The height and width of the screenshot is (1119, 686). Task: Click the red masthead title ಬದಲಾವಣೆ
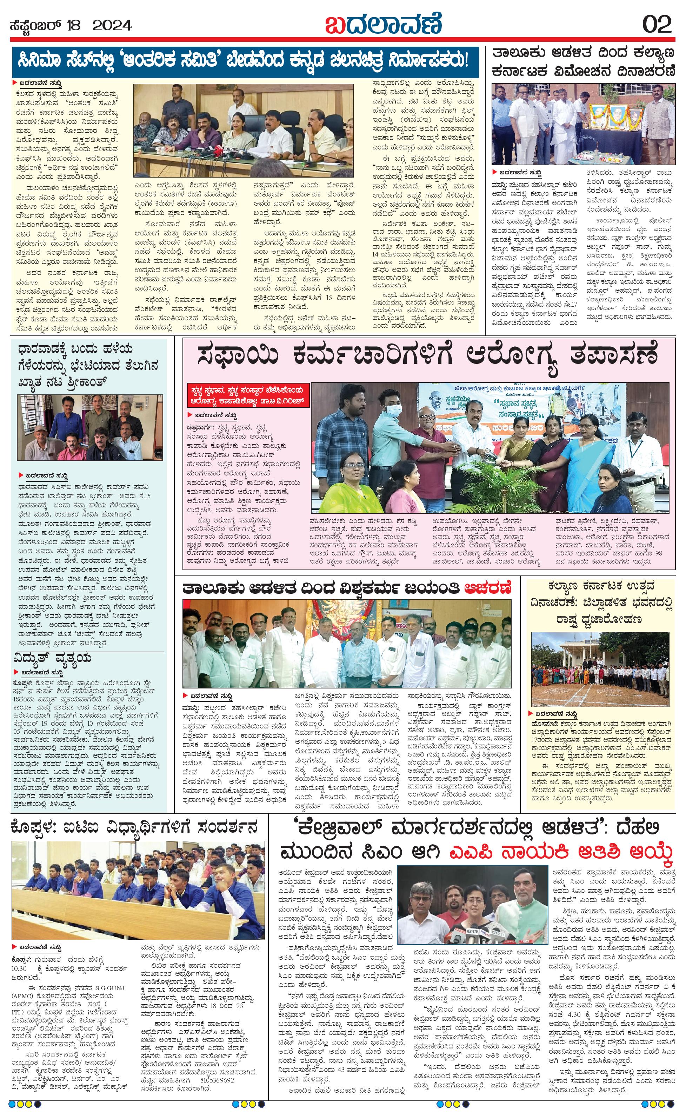coord(383,23)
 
